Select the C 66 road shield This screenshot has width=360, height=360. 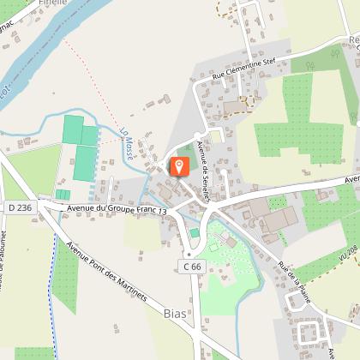click(x=191, y=267)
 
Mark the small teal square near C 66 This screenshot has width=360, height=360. click(x=195, y=232)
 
